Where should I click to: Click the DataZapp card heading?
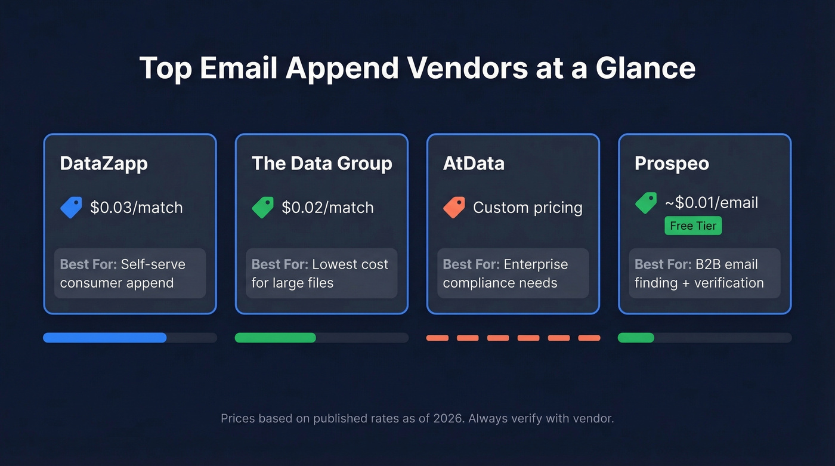(104, 163)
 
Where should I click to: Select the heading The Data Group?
(322, 163)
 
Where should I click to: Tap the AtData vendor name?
(474, 163)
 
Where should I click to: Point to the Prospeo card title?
(672, 163)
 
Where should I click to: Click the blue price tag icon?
(72, 207)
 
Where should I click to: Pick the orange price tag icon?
(454, 207)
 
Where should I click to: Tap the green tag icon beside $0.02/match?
(263, 207)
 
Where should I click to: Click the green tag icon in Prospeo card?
(646, 203)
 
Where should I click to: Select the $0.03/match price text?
(137, 208)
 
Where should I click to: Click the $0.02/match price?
(328, 208)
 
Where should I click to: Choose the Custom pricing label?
(528, 208)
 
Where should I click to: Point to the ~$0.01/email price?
(712, 203)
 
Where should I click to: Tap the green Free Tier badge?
(693, 226)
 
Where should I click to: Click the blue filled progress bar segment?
(105, 338)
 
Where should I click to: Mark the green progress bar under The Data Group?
(276, 338)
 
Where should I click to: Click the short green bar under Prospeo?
(636, 338)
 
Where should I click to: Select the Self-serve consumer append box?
(130, 273)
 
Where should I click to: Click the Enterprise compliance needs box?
(513, 273)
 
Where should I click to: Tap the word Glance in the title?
(645, 68)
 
